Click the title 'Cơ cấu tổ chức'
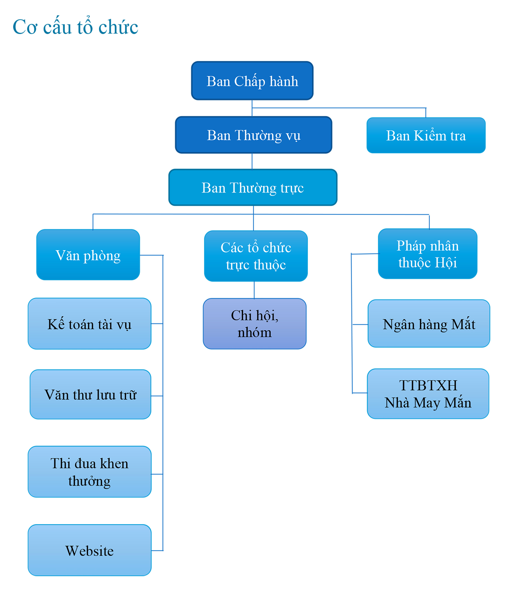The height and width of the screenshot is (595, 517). point(75,27)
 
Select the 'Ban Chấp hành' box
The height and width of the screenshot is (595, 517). point(252,81)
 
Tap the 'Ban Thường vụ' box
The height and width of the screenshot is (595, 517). point(254,135)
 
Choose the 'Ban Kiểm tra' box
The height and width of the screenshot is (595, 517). point(426,135)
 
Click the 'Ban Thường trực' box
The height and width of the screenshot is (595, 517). point(253,187)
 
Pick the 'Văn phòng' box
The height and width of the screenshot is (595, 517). point(88,255)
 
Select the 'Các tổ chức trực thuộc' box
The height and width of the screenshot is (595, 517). point(256,256)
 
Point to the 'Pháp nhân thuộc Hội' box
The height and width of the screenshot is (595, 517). point(427,254)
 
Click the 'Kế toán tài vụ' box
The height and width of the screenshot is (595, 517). point(90,324)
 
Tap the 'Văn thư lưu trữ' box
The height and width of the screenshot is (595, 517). point(90,394)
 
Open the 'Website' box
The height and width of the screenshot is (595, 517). point(90,550)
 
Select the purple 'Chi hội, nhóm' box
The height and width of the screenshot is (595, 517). point(255,324)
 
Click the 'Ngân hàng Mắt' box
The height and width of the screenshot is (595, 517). point(429,324)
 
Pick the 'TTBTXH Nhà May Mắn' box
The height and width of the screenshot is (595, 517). point(428,394)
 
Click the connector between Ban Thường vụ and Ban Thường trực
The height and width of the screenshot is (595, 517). point(252,161)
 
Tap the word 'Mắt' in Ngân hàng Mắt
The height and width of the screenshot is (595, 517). point(463,324)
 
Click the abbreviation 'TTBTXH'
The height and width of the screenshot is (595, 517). point(428,385)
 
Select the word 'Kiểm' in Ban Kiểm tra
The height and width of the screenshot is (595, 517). point(430,135)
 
